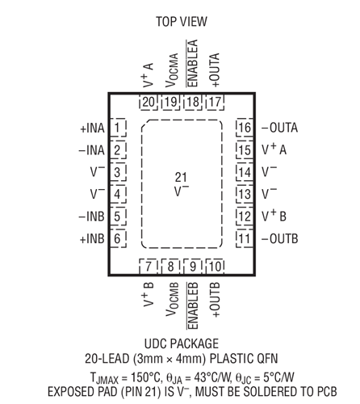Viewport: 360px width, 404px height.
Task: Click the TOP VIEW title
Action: [x=182, y=22]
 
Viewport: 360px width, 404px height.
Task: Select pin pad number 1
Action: [x=118, y=128]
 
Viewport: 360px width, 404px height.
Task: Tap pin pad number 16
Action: [x=245, y=128]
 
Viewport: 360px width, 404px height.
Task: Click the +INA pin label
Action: [x=92, y=128]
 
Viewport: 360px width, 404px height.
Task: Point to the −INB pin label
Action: [x=91, y=217]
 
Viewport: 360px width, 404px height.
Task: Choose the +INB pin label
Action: [x=92, y=239]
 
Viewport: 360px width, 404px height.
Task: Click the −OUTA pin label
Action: [x=279, y=128]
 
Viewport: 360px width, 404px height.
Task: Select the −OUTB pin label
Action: [x=280, y=239]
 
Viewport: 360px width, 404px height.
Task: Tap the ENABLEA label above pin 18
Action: [x=192, y=63]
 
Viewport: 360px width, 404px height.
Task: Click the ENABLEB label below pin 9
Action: [x=193, y=305]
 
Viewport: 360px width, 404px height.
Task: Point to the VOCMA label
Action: [x=172, y=70]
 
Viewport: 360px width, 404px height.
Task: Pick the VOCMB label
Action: [x=172, y=299]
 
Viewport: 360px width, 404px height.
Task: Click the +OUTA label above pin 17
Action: [x=215, y=70]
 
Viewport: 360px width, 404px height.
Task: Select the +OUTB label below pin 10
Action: [x=215, y=299]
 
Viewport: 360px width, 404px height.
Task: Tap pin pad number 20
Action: [x=149, y=102]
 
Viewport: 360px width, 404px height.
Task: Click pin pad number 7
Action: [x=149, y=267]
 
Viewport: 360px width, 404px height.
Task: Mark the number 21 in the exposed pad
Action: [x=181, y=178]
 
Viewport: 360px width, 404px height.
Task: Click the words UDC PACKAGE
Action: [x=182, y=343]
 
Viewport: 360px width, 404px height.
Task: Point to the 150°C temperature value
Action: [x=145, y=377]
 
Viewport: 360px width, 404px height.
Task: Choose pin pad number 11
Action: [x=245, y=238]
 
